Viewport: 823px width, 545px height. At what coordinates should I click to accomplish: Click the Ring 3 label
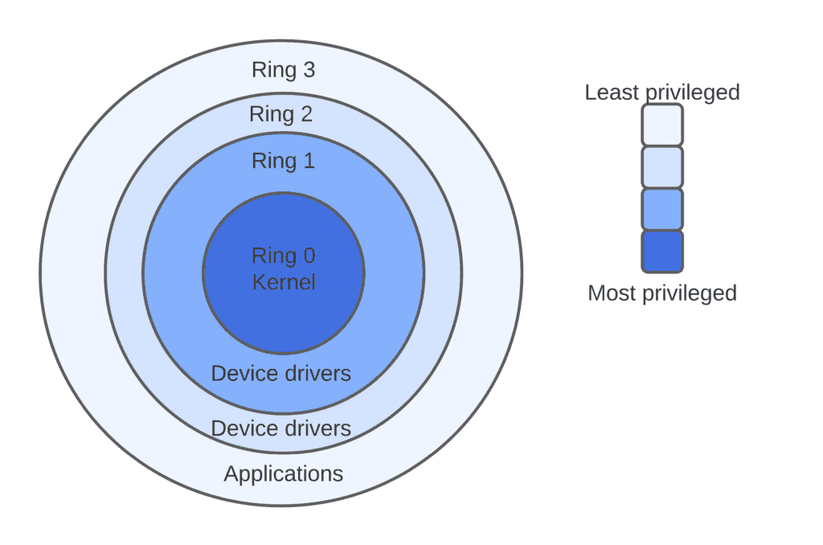(283, 70)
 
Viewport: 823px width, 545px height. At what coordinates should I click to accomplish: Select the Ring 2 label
(280, 114)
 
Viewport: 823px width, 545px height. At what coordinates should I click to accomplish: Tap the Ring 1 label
(283, 161)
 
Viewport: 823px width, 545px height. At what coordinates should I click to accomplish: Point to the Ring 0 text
(283, 256)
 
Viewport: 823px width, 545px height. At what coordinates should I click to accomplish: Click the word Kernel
(284, 282)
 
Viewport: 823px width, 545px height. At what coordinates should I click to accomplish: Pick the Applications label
(283, 473)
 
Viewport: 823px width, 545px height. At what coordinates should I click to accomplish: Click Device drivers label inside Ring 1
(280, 374)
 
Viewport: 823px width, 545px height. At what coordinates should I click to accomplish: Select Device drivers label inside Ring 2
(280, 428)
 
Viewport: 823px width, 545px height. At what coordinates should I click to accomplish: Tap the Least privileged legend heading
(661, 92)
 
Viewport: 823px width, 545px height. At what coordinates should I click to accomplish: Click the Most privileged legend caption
(661, 293)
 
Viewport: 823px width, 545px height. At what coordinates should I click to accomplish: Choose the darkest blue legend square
(662, 251)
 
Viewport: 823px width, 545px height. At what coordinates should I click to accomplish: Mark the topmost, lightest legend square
(662, 125)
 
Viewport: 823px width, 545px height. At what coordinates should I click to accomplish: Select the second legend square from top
(662, 167)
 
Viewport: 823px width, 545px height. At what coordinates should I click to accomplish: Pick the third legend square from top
(662, 209)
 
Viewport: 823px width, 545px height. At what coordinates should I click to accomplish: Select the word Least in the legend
(612, 92)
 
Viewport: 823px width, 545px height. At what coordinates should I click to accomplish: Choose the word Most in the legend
(611, 293)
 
